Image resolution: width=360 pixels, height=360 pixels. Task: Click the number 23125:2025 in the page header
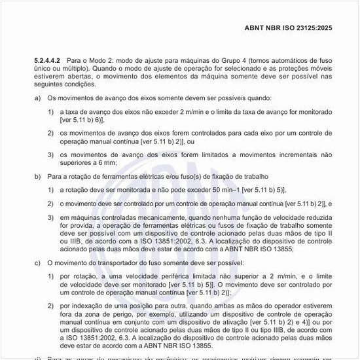[x=314, y=27]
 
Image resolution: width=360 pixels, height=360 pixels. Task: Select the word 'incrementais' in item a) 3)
[x=281, y=154]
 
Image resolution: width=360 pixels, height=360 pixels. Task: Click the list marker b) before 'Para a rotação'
[x=37, y=176]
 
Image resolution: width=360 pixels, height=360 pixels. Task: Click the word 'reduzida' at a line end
[x=317, y=215]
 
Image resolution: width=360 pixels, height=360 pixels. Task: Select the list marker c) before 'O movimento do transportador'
[x=37, y=262]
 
